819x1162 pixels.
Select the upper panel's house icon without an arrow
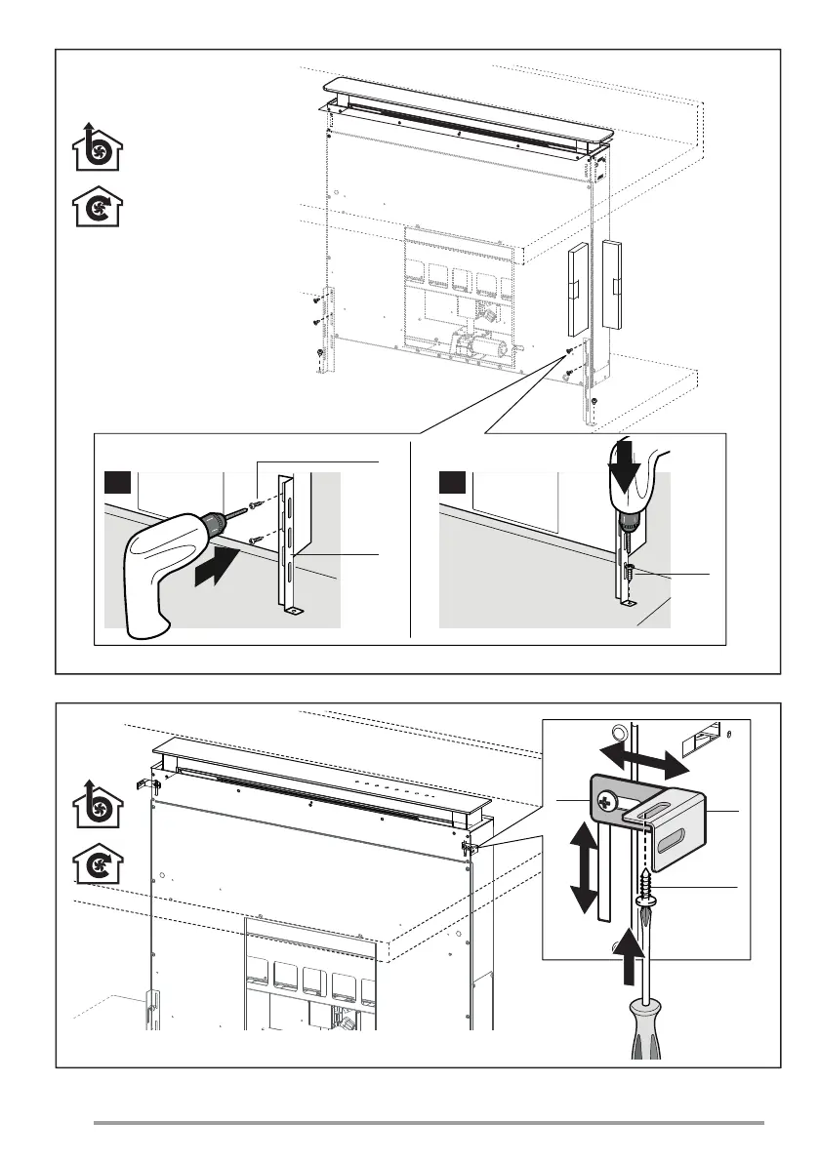point(98,206)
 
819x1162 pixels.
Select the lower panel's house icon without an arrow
point(98,861)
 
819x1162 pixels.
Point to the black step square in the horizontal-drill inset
point(116,483)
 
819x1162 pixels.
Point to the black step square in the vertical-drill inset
point(452,483)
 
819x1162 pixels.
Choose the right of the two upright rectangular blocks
point(612,283)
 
